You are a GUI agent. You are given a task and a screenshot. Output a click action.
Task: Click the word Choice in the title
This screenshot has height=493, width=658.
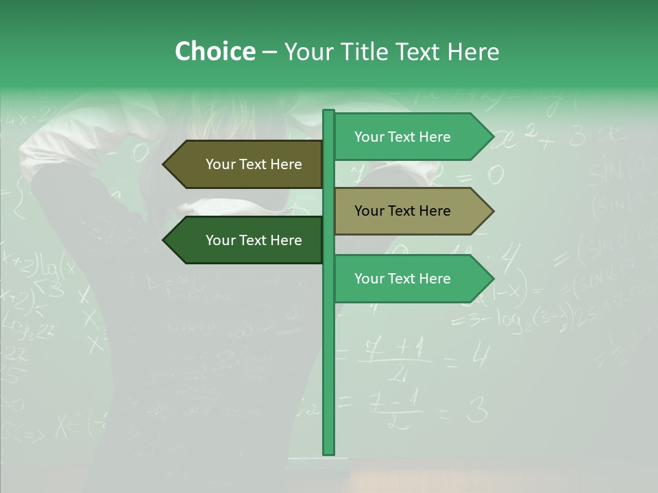coord(215,51)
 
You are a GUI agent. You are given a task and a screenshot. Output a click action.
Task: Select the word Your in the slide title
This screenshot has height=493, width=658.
coord(310,52)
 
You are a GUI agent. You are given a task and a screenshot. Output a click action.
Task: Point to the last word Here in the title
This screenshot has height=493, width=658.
coord(473,52)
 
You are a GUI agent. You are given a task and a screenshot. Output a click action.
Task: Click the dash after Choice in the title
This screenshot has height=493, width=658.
coord(269,53)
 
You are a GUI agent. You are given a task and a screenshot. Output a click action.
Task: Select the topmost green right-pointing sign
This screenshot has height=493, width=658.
coord(411,137)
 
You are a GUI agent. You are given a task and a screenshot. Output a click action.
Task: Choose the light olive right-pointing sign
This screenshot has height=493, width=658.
coord(411,211)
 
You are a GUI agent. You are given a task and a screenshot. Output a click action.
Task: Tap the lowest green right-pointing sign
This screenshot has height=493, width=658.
coord(411,279)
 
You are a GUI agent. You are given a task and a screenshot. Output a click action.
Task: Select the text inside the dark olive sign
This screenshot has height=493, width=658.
coord(254,164)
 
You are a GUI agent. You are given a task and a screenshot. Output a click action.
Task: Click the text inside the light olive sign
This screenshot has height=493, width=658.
coord(402,211)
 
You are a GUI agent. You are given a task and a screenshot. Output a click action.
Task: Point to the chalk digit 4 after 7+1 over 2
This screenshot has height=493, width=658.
coord(481,355)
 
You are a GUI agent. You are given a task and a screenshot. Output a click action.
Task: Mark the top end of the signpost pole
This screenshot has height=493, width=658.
coord(328,112)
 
